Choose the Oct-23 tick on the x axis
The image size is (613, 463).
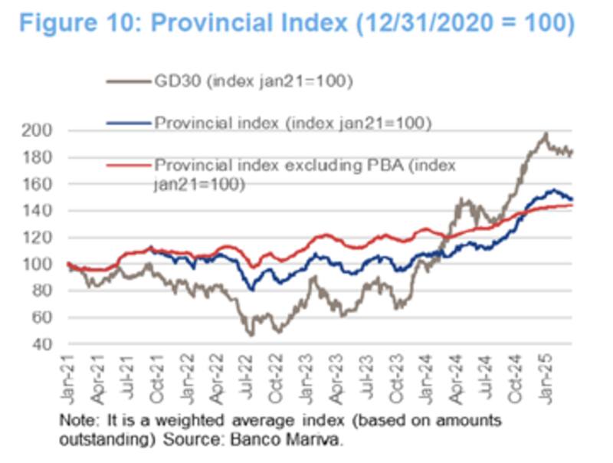click(398, 375)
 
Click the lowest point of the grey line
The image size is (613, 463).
click(251, 335)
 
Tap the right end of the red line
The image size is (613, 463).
click(572, 205)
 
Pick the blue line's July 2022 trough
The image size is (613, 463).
click(252, 289)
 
